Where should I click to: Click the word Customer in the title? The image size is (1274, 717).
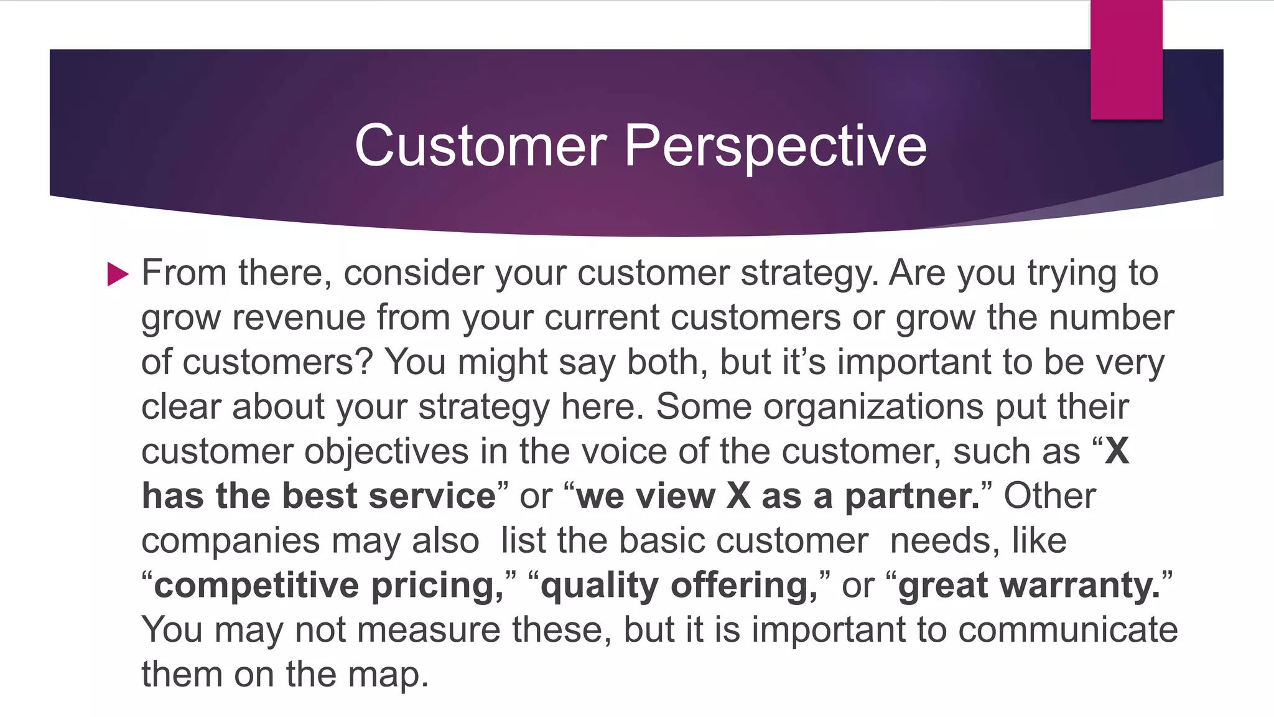pos(480,146)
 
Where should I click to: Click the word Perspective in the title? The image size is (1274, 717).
pos(775,146)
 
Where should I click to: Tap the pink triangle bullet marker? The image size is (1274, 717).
pos(117,274)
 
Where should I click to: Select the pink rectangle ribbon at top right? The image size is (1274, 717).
pos(1126,60)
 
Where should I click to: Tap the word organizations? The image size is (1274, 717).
pos(873,407)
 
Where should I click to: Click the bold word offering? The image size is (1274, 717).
pos(744,586)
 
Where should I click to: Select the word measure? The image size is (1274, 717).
pos(429,630)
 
